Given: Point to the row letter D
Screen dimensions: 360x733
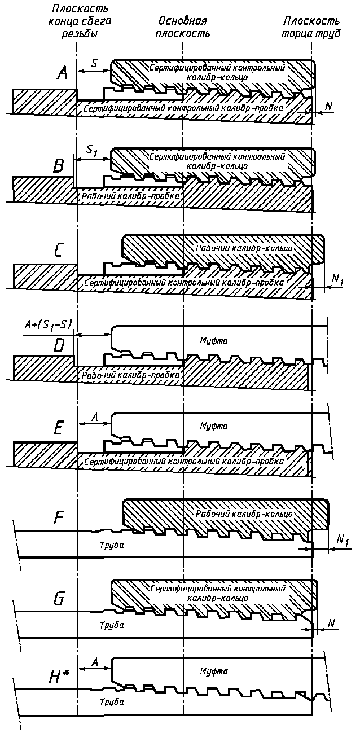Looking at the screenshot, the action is [59, 346].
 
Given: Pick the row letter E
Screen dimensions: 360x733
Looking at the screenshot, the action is [59, 429].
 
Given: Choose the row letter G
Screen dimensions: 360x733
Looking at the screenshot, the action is [58, 599].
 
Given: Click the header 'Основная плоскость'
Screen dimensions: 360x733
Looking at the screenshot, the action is [183, 27].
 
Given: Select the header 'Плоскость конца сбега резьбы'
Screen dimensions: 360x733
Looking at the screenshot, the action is [79, 21].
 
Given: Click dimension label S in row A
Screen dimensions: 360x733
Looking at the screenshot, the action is [94, 63].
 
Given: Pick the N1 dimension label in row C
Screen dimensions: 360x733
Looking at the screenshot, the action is [337, 278].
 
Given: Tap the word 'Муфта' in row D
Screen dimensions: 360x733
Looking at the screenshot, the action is [213, 340].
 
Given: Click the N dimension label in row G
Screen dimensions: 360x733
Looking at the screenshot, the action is [332, 622].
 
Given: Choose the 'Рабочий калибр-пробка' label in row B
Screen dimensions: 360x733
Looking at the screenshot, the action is [131, 195].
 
